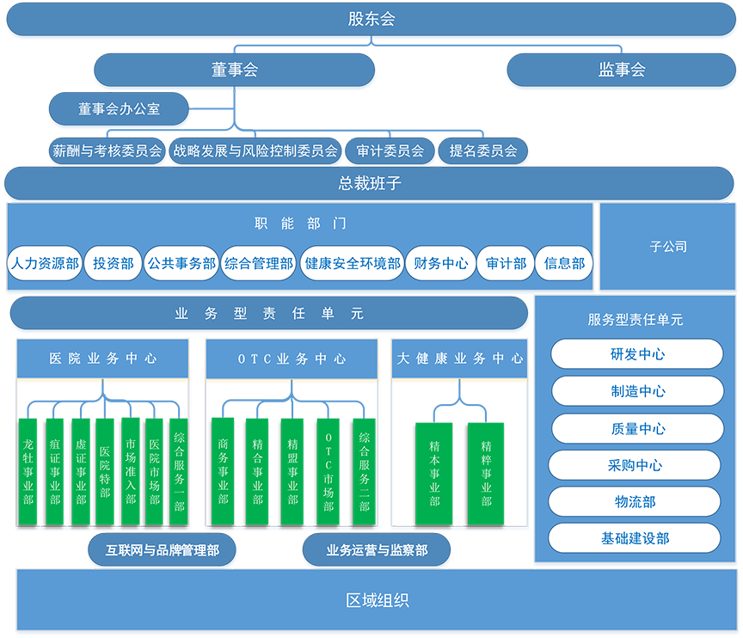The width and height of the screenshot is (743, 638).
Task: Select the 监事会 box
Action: pos(622,71)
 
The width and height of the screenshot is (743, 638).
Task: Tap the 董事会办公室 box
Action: pos(120,110)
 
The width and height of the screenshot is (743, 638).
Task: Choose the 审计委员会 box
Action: pos(390,151)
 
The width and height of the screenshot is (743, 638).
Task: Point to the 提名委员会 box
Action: pos(483,151)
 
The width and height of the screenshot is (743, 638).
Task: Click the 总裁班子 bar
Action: pos(370,184)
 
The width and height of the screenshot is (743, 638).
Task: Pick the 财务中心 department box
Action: pos(440,264)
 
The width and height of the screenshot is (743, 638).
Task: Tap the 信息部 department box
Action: pos(564,264)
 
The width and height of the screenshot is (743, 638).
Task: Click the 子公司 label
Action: pos(668,247)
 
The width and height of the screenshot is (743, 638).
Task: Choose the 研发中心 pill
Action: pos(637,354)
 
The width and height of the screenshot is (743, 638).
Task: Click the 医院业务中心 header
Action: pos(103,359)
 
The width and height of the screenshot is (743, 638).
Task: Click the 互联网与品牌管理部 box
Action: pos(163,550)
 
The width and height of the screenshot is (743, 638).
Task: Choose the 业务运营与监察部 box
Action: pos(377,550)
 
